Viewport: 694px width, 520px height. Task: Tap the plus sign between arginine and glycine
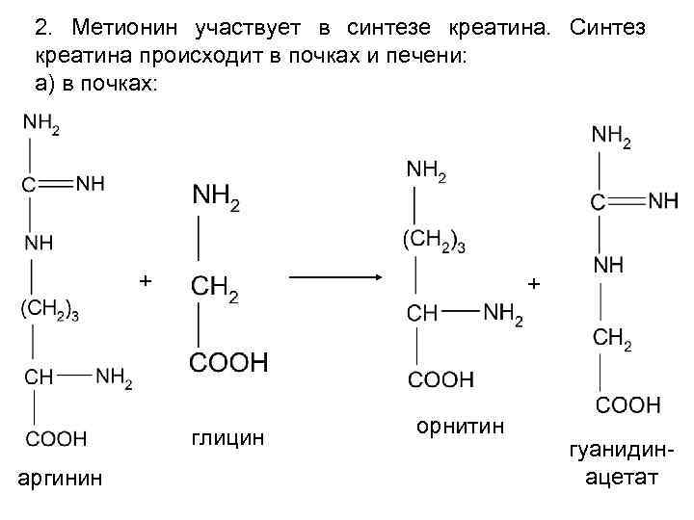(145, 280)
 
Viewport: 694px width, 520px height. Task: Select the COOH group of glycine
(228, 363)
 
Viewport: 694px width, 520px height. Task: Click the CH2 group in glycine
(215, 287)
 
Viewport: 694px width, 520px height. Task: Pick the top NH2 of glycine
(216, 197)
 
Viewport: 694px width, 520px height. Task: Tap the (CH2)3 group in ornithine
(434, 241)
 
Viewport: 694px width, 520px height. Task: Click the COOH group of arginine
(55, 439)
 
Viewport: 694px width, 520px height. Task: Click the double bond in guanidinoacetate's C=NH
(627, 201)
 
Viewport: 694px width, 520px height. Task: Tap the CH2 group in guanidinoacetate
(613, 337)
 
